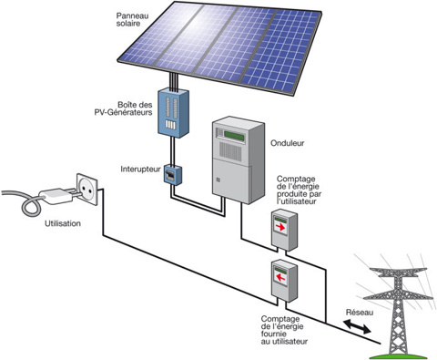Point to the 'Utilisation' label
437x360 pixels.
coord(61,222)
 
